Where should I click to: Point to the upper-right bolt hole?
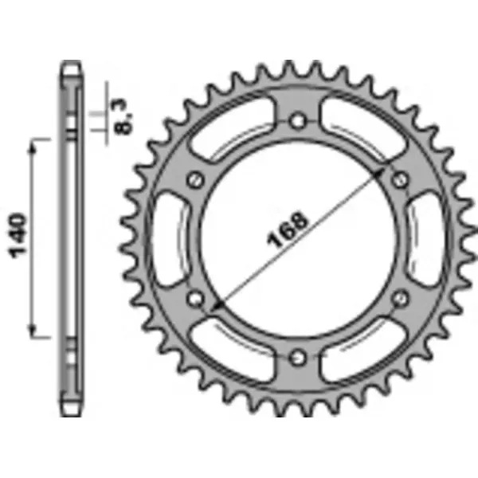point(399,180)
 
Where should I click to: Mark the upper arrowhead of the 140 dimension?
point(33,143)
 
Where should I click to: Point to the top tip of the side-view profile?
point(71,62)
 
